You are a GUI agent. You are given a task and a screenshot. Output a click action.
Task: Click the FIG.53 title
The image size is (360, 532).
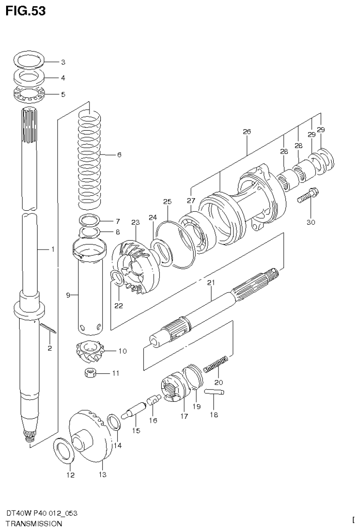tap(26, 11)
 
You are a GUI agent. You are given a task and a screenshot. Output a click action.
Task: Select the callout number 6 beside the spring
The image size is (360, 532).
tap(120, 154)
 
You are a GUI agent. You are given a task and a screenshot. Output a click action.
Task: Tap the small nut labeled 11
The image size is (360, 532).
tap(89, 373)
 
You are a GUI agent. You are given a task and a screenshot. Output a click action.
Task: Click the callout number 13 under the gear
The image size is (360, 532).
tap(102, 475)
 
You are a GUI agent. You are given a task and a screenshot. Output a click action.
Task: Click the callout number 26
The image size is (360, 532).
tap(247, 132)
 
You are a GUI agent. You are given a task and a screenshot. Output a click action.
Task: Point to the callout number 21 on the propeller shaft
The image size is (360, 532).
tap(210, 282)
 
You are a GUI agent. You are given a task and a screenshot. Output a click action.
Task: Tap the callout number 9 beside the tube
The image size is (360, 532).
tap(68, 295)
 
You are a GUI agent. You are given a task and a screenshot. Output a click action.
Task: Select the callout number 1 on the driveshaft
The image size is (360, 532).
tap(52, 250)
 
